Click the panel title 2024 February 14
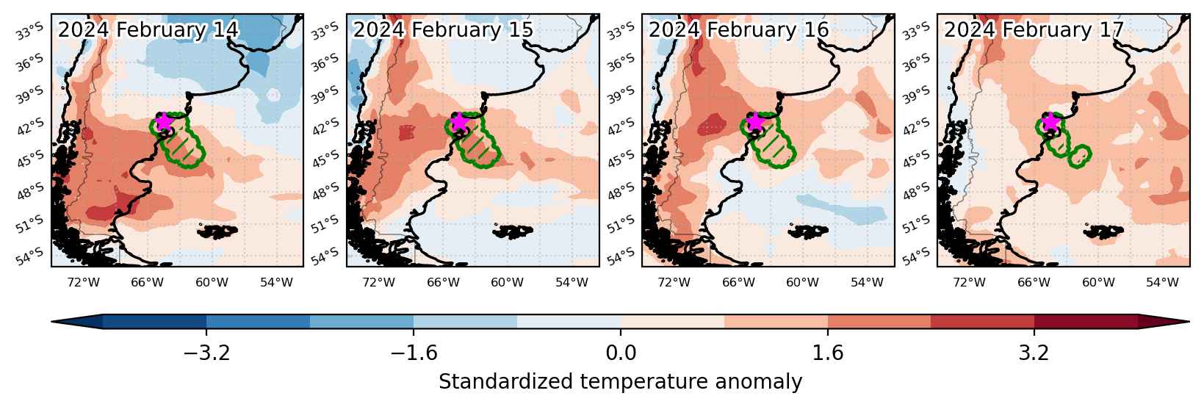(x=148, y=29)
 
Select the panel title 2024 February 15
(x=443, y=29)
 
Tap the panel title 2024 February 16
(x=738, y=29)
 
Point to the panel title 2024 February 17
(x=1034, y=29)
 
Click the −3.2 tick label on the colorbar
(x=207, y=353)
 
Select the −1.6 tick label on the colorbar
(x=414, y=353)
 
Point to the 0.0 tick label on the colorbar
(x=621, y=353)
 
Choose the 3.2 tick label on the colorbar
(x=1034, y=353)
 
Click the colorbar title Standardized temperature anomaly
(x=620, y=382)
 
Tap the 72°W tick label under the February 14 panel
(x=83, y=282)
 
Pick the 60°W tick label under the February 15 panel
(x=507, y=282)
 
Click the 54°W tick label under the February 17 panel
(x=1162, y=282)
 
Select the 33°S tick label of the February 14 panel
(x=29, y=31)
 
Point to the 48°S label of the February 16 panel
(x=621, y=190)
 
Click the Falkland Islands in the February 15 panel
(x=513, y=231)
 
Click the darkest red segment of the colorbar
(x=1086, y=322)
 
